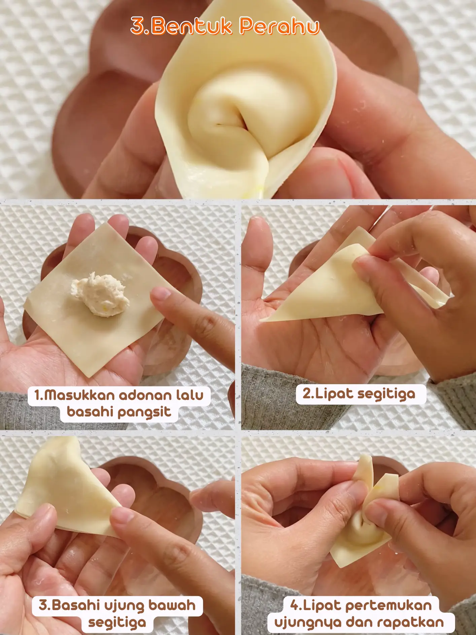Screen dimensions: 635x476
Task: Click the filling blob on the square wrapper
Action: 100,295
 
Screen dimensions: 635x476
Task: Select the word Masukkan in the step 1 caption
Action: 79,395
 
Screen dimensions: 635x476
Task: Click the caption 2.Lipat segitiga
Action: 359,394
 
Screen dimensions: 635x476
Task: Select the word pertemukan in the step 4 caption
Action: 388,605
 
